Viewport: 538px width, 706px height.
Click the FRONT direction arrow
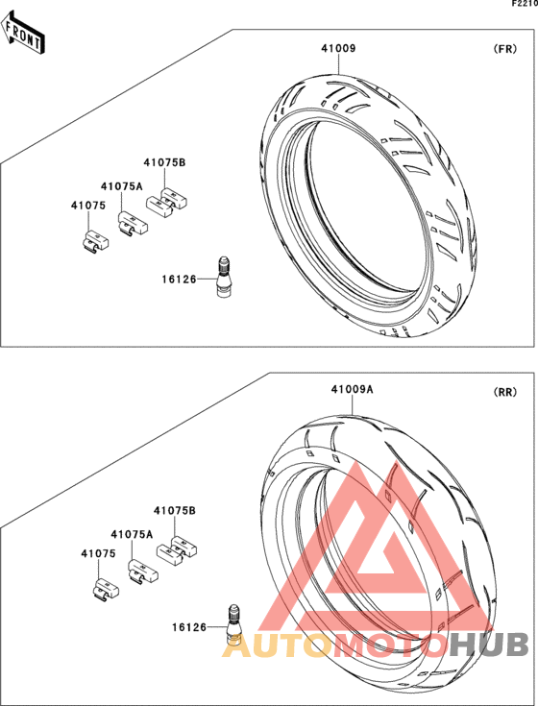[21, 35]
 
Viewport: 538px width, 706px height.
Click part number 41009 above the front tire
[338, 48]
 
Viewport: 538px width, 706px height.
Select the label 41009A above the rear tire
[352, 389]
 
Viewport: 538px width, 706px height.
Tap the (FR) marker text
[505, 49]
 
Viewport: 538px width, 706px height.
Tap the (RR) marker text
[505, 392]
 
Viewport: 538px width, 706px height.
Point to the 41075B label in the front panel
[164, 162]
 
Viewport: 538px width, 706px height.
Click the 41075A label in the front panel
[122, 186]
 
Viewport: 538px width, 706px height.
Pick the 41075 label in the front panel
[88, 206]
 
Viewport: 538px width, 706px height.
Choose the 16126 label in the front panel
[180, 280]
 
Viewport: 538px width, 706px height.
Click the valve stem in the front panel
[223, 277]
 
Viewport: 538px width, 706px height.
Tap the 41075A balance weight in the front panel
[133, 222]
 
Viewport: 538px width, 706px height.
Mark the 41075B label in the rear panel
[175, 511]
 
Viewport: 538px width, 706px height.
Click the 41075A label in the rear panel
[132, 534]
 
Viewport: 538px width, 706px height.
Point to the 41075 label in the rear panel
[99, 554]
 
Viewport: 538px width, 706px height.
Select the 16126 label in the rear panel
[189, 627]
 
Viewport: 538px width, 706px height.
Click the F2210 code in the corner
[525, 4]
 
